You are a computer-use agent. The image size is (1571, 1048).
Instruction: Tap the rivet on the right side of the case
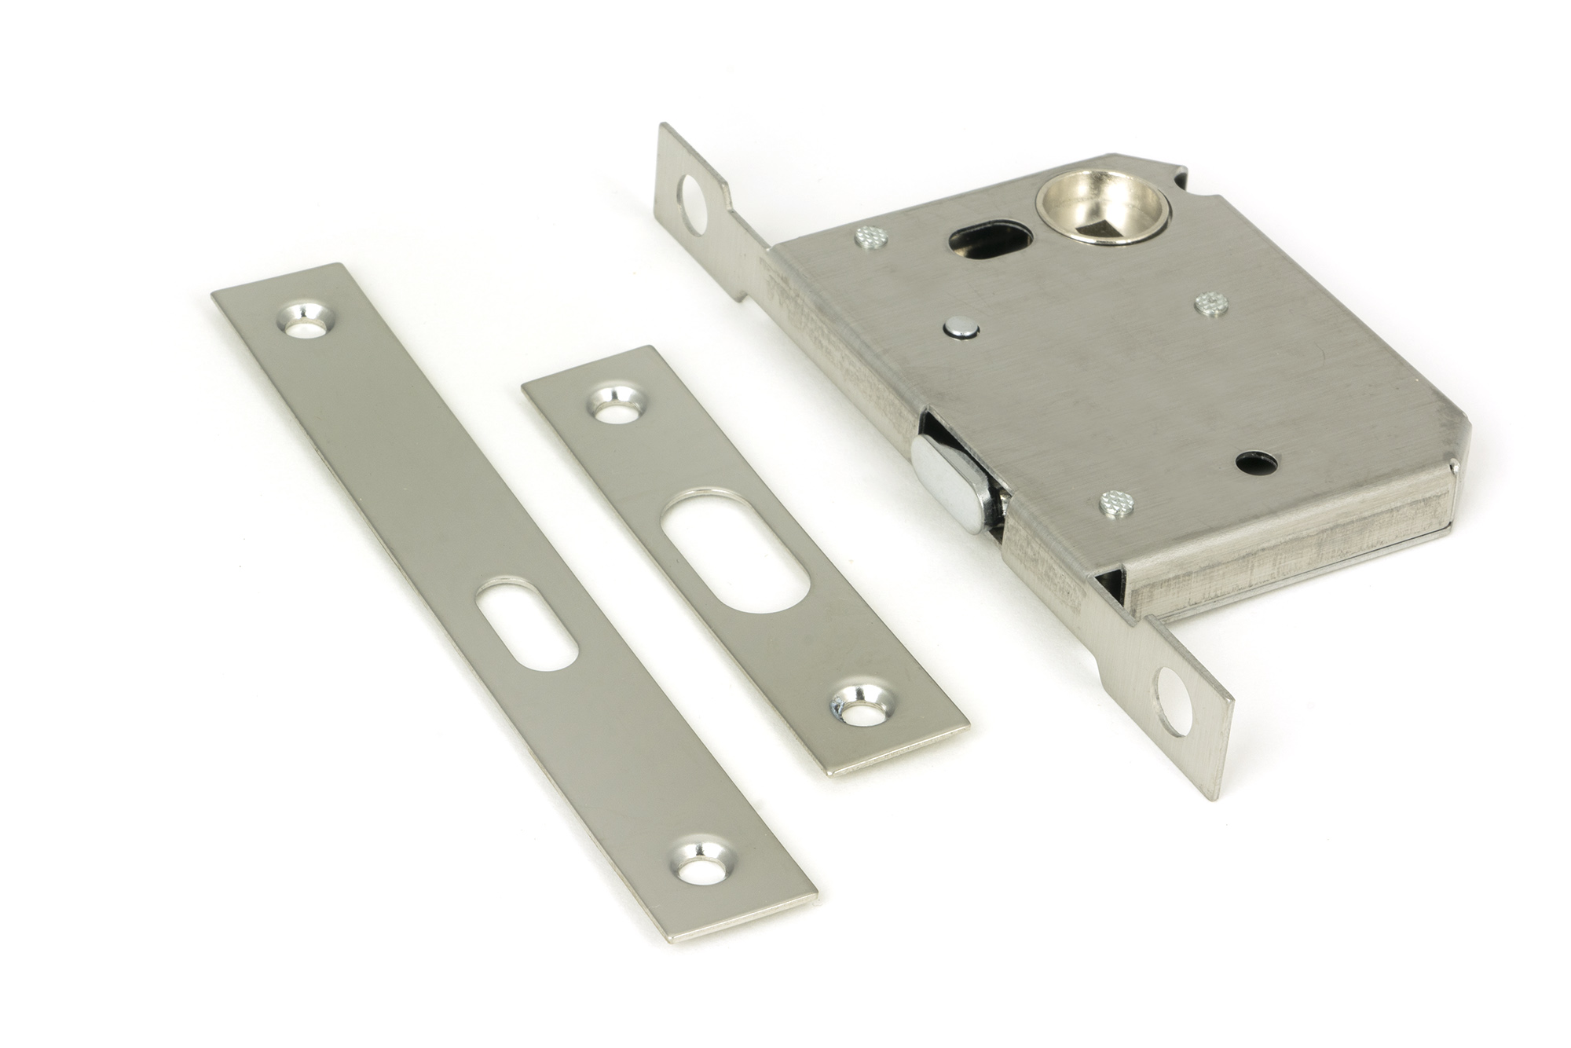click(1211, 302)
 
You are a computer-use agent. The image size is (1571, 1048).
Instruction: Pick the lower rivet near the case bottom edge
click(1115, 500)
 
